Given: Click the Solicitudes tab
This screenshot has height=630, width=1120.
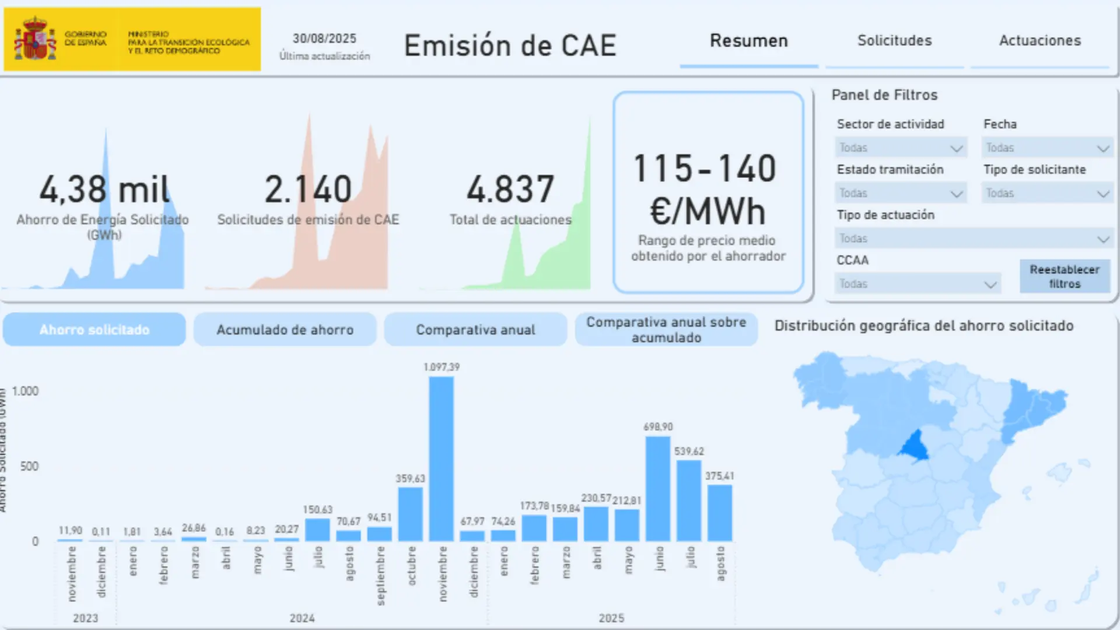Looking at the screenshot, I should (x=894, y=41).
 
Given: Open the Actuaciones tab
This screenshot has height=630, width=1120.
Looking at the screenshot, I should (x=1039, y=41).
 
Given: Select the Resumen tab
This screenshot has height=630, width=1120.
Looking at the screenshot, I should (x=748, y=41).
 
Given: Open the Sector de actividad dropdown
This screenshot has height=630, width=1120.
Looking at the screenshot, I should (x=901, y=148).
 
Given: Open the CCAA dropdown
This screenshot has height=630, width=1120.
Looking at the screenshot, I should (x=918, y=284).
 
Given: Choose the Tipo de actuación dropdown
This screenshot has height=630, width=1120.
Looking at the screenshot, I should (x=973, y=239).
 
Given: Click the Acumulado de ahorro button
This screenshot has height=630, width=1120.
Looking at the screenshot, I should (x=285, y=330).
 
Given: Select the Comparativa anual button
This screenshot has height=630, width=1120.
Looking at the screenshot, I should (x=475, y=330).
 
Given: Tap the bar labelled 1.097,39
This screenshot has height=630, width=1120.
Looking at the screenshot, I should (x=442, y=459).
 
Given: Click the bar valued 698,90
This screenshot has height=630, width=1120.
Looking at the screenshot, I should (x=658, y=489).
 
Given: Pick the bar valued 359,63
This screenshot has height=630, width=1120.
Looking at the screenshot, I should (x=411, y=514).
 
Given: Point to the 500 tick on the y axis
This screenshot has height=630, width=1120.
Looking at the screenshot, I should (x=29, y=467).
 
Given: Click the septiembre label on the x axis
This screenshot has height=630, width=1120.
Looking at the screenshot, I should (x=380, y=575).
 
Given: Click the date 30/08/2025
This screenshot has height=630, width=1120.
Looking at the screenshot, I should (x=324, y=38).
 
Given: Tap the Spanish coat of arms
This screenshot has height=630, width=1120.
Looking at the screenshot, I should (x=35, y=39).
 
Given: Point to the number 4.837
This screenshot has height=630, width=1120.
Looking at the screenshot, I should (x=510, y=190).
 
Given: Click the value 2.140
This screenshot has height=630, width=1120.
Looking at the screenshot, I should (x=308, y=190).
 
